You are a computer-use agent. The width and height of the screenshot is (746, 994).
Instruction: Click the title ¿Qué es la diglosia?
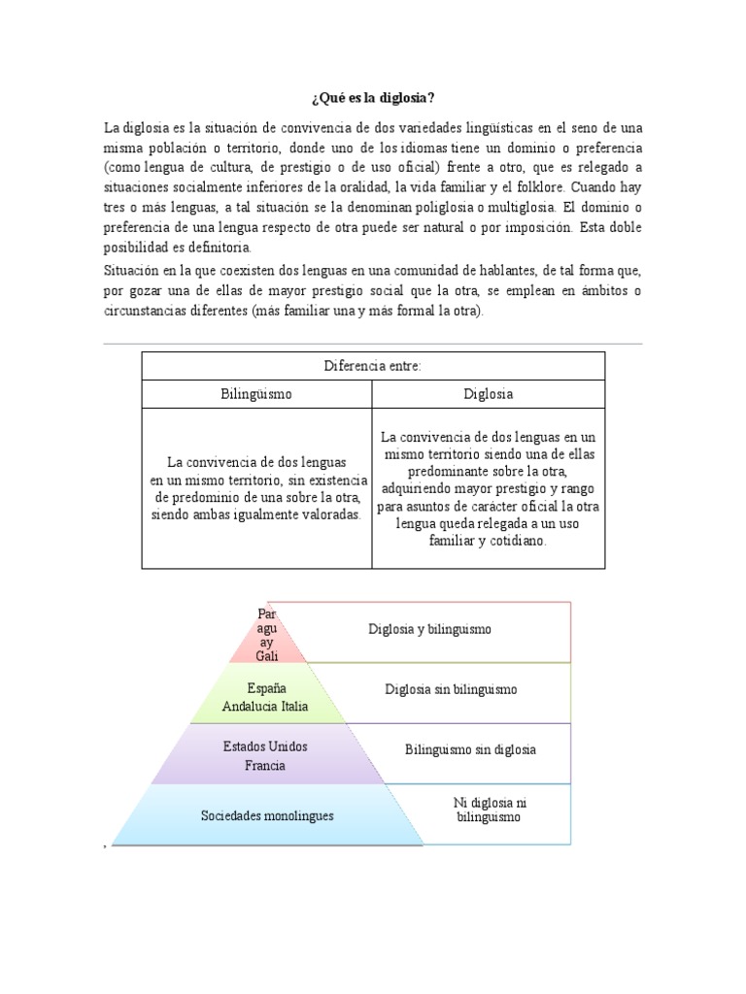point(372,99)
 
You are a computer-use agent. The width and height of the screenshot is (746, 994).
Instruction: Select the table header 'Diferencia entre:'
point(373,365)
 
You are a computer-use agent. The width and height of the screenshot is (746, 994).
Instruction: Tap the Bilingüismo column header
point(256,394)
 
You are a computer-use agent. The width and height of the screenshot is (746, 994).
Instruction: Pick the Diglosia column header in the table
point(489,394)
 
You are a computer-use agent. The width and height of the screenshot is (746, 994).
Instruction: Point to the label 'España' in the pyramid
point(266,688)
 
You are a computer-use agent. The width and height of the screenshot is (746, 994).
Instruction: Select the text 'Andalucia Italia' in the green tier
point(265,706)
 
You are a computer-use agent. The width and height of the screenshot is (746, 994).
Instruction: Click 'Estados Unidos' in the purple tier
point(265,747)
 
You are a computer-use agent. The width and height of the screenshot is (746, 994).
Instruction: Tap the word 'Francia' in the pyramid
point(265,765)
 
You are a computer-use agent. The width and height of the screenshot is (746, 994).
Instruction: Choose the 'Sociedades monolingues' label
point(266,815)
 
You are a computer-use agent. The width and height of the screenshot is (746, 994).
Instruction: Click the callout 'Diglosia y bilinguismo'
point(429,629)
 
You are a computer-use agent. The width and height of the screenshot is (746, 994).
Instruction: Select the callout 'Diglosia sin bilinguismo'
point(450,689)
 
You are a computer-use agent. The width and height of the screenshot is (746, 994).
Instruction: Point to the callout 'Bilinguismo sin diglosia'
point(470,749)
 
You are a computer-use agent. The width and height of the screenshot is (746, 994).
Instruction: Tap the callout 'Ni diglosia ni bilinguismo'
point(489,810)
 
